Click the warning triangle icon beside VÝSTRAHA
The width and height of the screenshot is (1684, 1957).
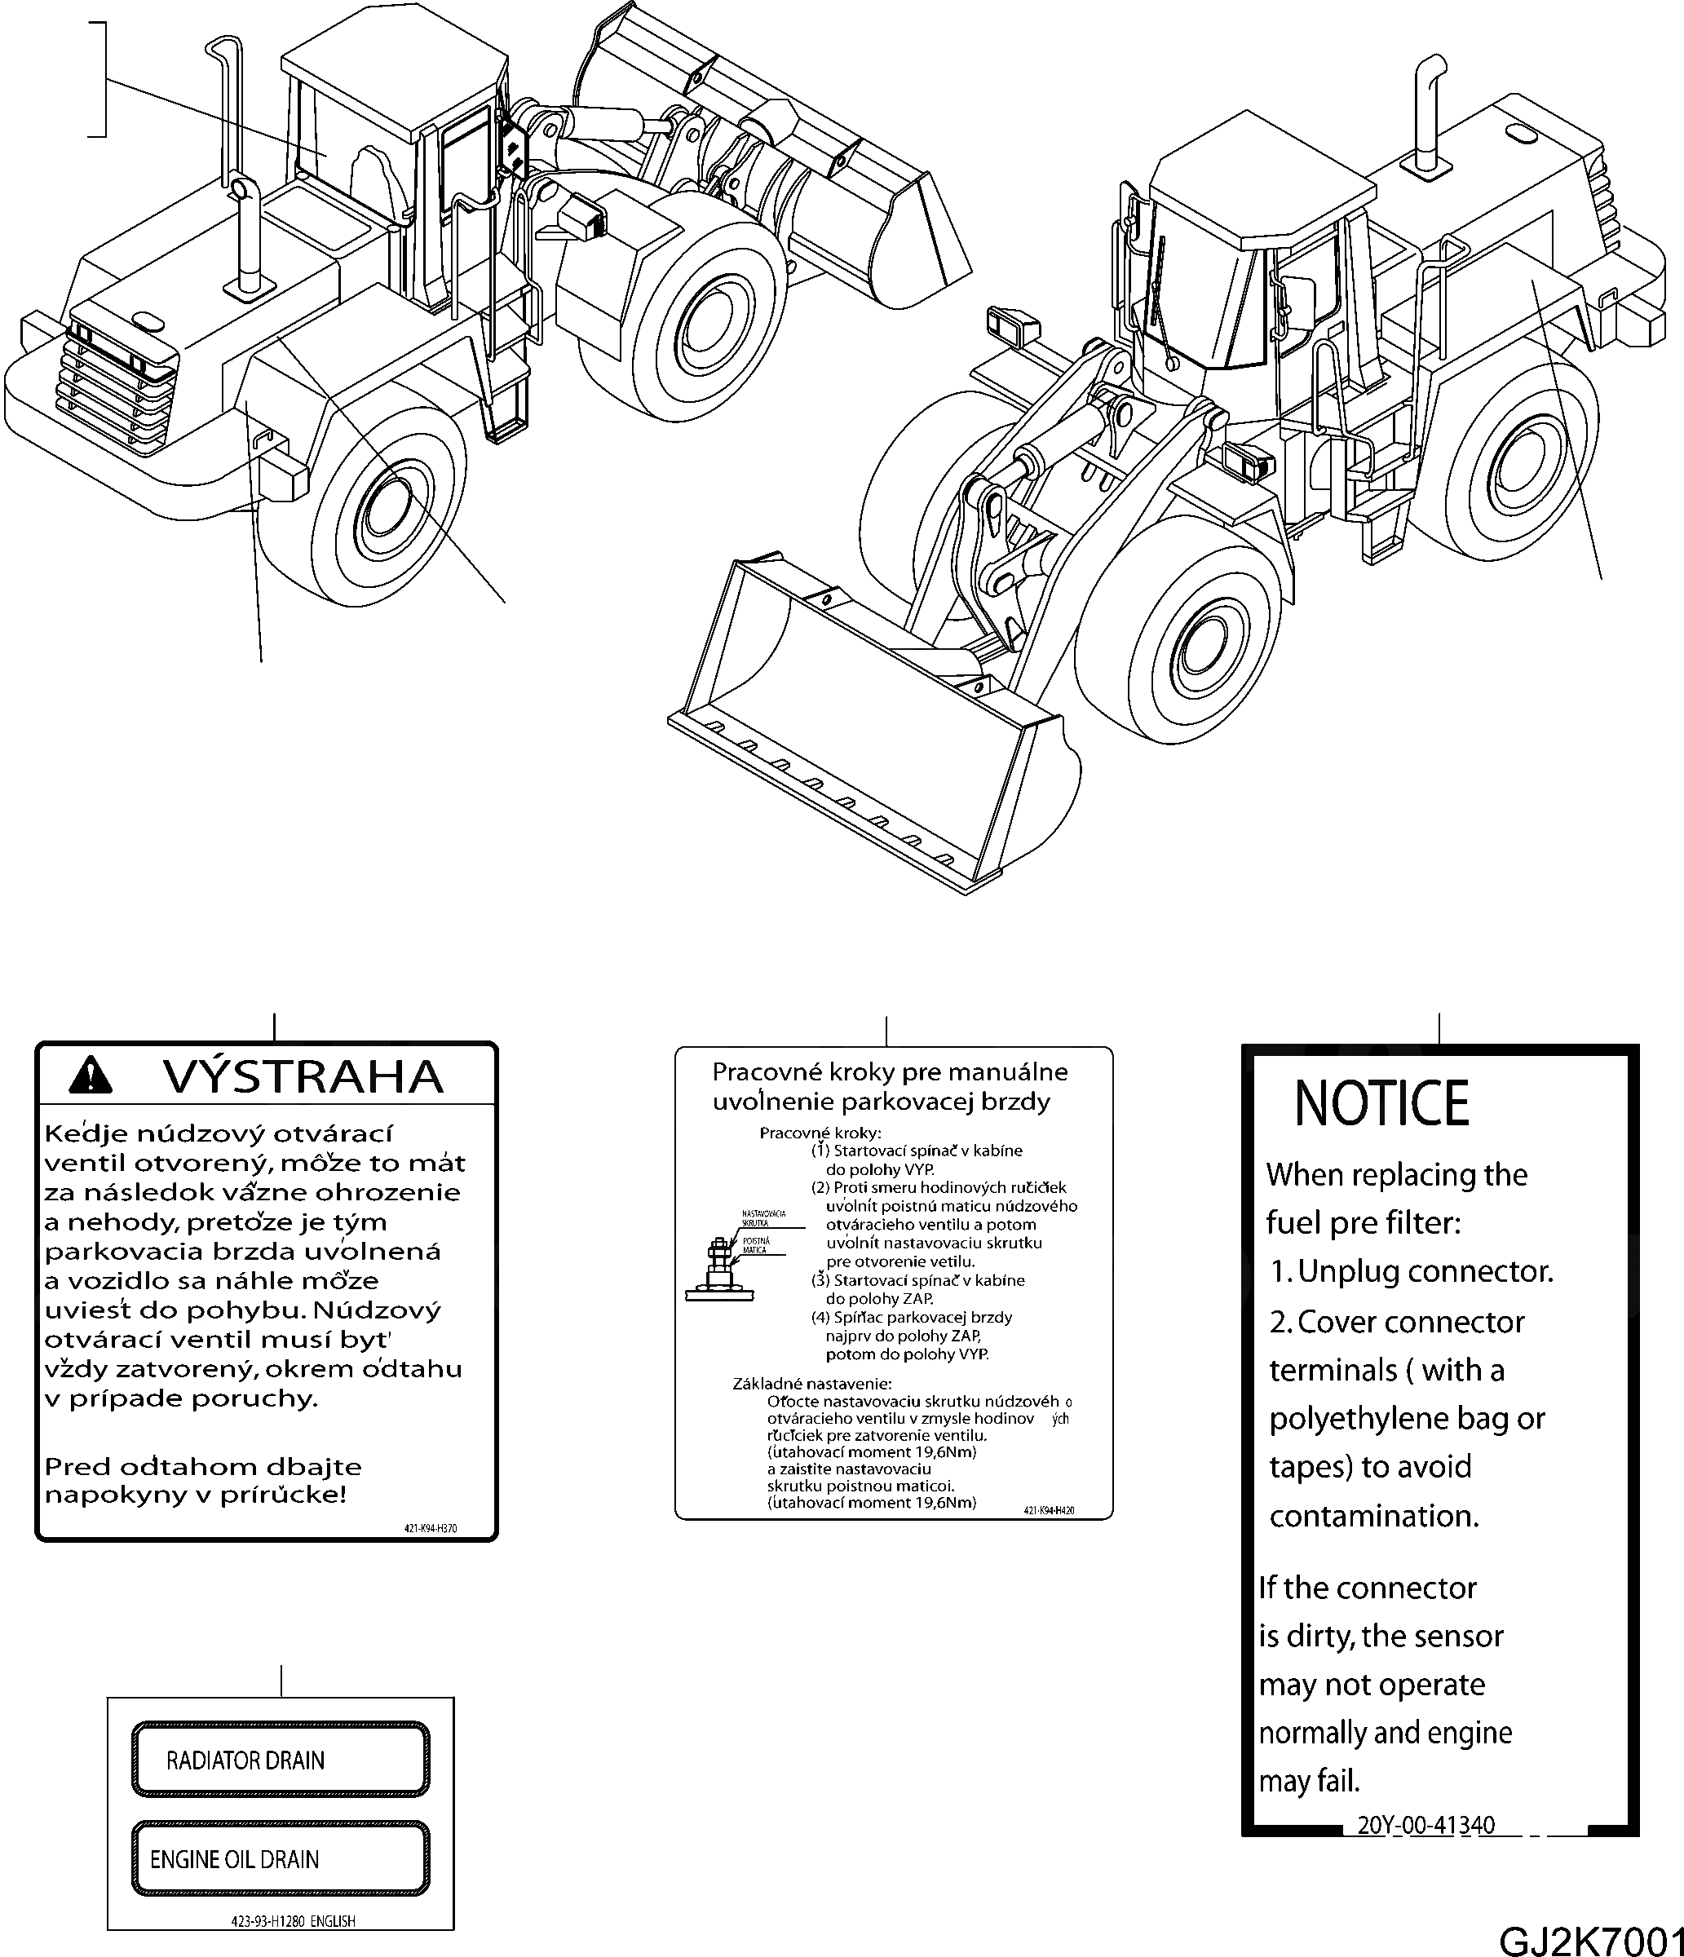91,1075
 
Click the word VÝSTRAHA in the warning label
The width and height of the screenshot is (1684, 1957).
303,1076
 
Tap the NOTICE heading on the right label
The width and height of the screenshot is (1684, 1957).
1381,1103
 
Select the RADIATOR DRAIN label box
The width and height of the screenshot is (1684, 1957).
281,1760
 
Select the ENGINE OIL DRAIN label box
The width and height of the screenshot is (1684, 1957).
281,1859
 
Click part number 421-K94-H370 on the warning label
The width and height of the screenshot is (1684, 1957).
430,1528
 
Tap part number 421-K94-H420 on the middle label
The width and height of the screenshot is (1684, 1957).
1049,1511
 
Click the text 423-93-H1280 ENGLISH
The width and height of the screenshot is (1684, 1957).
293,1921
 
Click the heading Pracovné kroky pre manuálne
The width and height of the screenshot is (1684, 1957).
889,1072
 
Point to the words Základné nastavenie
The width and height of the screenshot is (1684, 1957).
811,1384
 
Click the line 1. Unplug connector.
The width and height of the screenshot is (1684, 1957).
1410,1271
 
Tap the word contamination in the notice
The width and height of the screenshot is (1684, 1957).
1373,1516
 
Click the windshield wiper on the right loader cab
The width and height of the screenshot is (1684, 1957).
1160,303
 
